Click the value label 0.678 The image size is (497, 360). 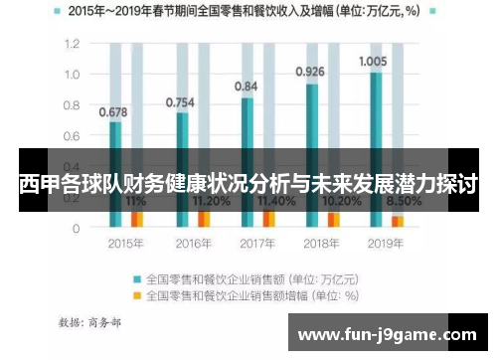coord(114,111)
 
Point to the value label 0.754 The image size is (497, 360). coord(179,101)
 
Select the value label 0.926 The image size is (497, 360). coord(310,72)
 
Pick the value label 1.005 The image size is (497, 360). coord(373,61)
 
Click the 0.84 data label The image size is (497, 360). coord(247,87)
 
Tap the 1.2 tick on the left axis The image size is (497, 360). coord(72,45)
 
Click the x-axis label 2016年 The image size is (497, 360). coord(194,244)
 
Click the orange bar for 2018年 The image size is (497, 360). coord(334,218)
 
